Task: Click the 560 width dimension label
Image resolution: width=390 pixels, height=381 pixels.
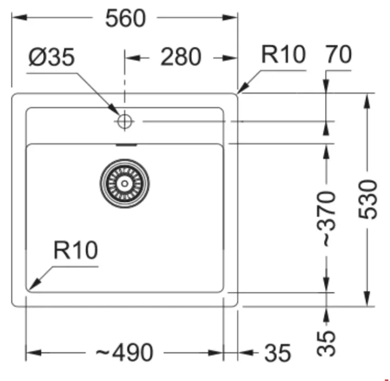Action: pyautogui.click(x=126, y=19)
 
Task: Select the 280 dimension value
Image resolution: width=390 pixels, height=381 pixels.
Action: pyautogui.click(x=181, y=57)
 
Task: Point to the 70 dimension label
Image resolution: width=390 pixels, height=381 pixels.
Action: pyautogui.click(x=338, y=55)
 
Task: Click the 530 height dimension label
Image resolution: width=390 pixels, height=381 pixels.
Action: pyautogui.click(x=370, y=199)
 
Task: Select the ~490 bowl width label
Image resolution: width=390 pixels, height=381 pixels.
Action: pyautogui.click(x=125, y=353)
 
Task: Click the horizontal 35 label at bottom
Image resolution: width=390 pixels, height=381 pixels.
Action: pyautogui.click(x=278, y=354)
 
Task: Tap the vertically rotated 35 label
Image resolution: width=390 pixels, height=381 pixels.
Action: pyautogui.click(x=327, y=343)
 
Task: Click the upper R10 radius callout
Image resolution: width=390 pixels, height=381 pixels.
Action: pyautogui.click(x=283, y=55)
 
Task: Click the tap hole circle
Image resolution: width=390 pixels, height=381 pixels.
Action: pyautogui.click(x=125, y=121)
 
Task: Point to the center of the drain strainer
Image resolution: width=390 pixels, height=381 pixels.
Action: pyautogui.click(x=124, y=183)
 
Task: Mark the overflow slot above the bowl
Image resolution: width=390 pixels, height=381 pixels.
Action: pyautogui.click(x=126, y=145)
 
